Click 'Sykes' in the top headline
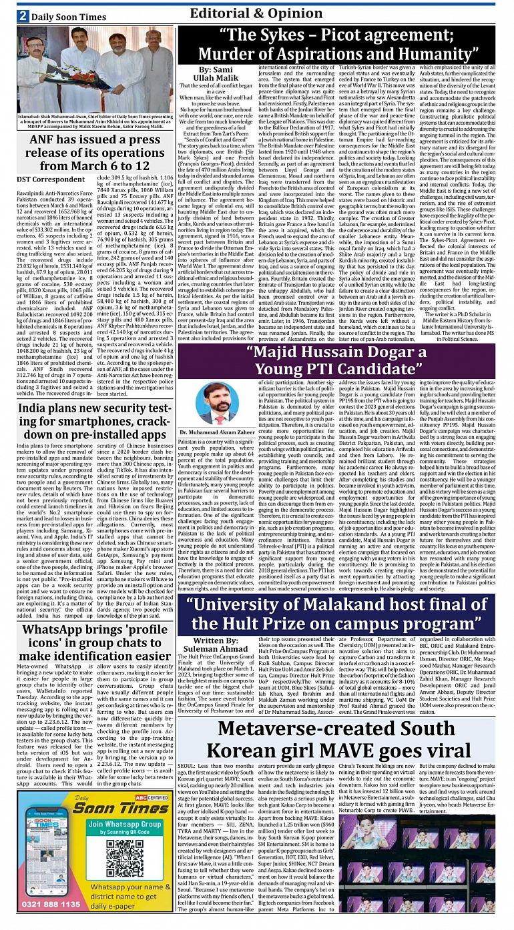tap(288, 35)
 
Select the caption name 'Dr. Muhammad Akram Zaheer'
tap(217, 432)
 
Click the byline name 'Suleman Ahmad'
tap(215, 648)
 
